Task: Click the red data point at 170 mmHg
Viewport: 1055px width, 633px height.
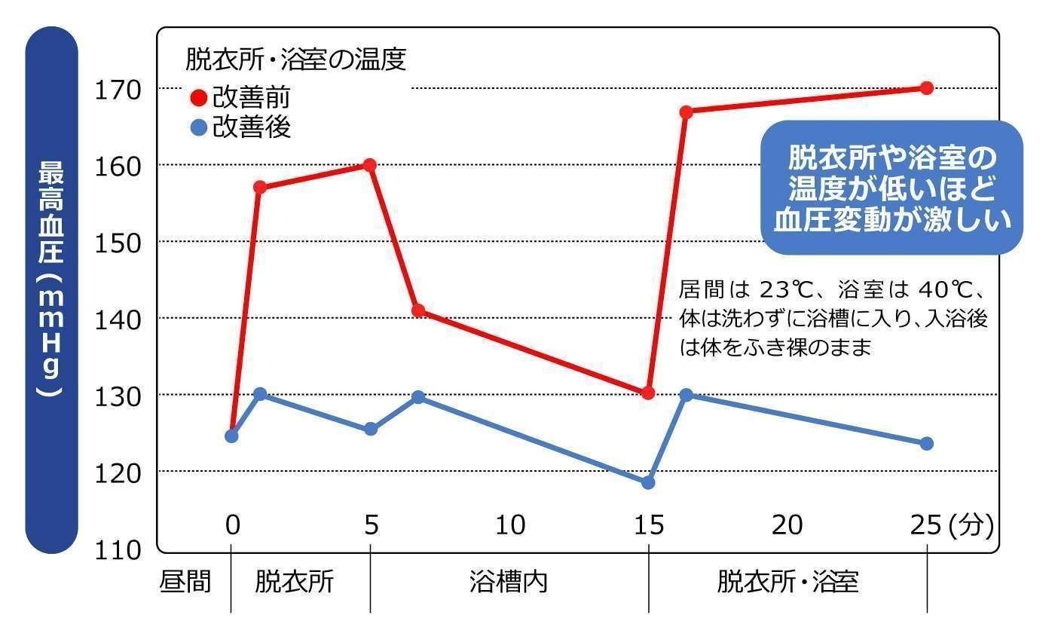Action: (x=927, y=88)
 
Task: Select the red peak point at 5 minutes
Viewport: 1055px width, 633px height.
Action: (x=369, y=165)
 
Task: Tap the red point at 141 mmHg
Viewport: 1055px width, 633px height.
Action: (x=419, y=310)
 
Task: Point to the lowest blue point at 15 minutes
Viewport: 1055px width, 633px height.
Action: (x=648, y=482)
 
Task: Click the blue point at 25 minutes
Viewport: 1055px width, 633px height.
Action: (x=927, y=443)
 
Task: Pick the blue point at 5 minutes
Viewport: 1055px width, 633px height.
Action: (x=370, y=429)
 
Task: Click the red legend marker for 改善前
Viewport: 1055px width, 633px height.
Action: (x=199, y=99)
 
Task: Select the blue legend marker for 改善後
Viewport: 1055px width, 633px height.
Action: (x=199, y=129)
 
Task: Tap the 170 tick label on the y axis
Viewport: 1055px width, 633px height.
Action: (x=118, y=89)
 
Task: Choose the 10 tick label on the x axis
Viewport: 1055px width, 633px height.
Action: (x=510, y=524)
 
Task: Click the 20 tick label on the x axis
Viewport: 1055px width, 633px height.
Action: (x=787, y=524)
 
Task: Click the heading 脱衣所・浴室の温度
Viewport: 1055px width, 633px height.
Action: (x=295, y=60)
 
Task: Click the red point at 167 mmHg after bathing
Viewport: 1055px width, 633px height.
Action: (x=686, y=112)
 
